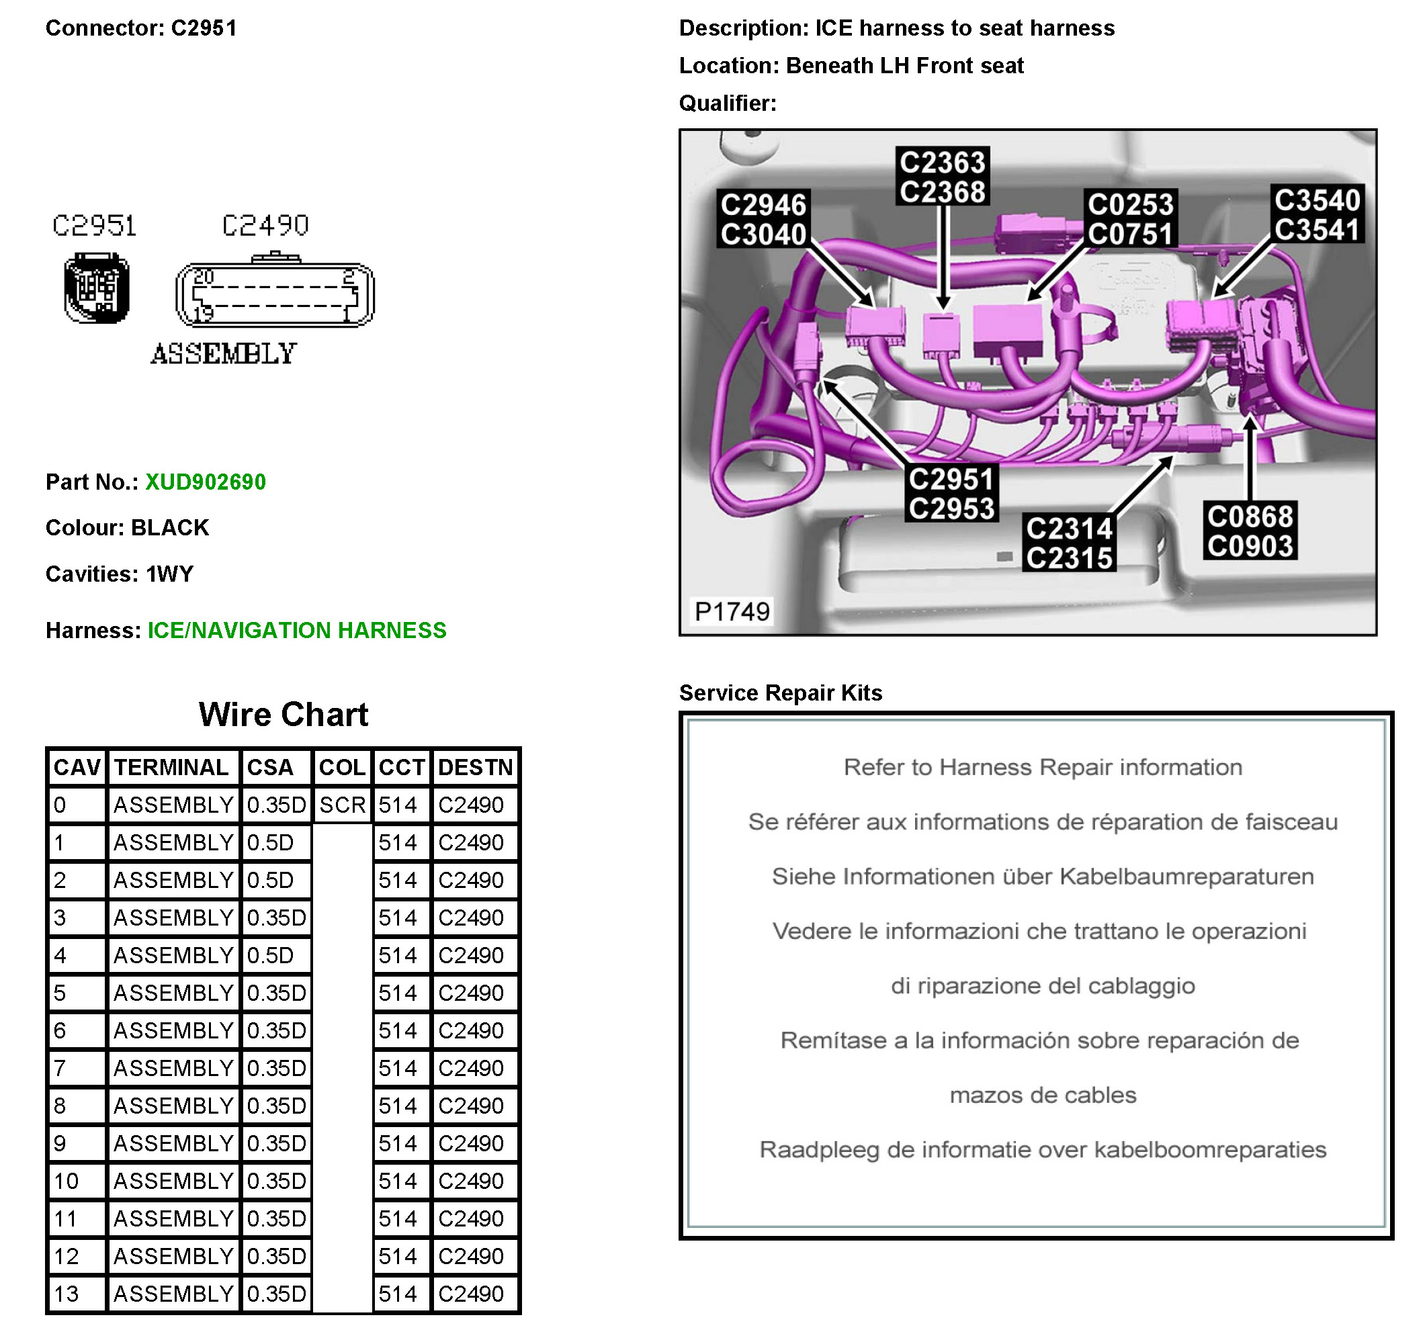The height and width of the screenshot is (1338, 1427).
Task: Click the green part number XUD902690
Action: click(x=206, y=482)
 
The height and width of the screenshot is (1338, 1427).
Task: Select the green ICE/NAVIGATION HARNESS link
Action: click(x=296, y=630)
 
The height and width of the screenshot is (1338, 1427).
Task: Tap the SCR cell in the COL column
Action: click(x=343, y=805)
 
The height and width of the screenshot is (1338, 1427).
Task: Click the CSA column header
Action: click(x=270, y=767)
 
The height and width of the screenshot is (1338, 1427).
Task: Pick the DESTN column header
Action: click(x=475, y=767)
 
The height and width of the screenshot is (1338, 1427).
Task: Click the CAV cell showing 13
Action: click(x=66, y=1294)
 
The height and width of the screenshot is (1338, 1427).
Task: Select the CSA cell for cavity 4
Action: click(x=271, y=955)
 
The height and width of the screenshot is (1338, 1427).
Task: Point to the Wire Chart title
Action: click(x=284, y=714)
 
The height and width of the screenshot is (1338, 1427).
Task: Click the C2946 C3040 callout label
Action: click(x=763, y=220)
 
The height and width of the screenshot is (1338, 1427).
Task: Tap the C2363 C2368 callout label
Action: click(x=943, y=177)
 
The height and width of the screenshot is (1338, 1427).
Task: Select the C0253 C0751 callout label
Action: click(x=1130, y=219)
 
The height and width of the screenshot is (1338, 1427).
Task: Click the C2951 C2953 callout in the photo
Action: click(x=951, y=494)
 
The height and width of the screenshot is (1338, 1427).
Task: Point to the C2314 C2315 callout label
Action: click(x=1069, y=543)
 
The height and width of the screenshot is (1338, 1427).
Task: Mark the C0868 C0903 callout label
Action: click(x=1250, y=531)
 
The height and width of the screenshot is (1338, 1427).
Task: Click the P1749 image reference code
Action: click(x=732, y=612)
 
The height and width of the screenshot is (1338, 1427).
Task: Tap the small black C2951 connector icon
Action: click(x=97, y=288)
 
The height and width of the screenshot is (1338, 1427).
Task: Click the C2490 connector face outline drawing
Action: click(x=275, y=294)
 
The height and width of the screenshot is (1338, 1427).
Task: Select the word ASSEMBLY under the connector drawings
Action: click(x=223, y=354)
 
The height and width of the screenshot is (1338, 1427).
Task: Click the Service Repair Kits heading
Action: click(x=780, y=693)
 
